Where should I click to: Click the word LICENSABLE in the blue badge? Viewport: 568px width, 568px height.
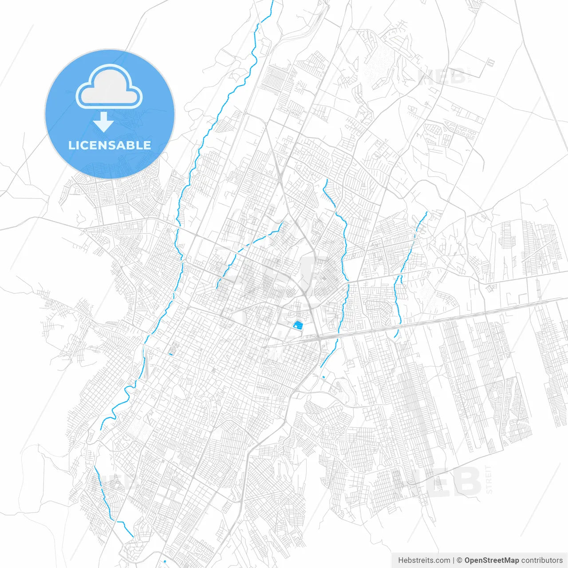pos(110,145)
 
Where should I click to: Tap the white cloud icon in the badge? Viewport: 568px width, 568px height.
pos(109,87)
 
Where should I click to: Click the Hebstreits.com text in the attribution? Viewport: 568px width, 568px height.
pos(424,560)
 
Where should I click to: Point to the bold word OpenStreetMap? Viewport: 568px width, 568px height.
pos(492,560)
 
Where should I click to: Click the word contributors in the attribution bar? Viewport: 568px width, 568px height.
pos(542,560)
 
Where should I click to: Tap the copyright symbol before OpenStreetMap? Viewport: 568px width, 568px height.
pos(460,560)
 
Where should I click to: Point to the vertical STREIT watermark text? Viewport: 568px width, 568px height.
pos(489,479)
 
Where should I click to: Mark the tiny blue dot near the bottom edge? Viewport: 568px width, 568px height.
pos(165,561)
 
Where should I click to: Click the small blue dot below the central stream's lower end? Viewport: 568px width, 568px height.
pos(323,377)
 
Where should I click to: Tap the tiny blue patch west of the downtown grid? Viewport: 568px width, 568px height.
pos(171,354)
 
